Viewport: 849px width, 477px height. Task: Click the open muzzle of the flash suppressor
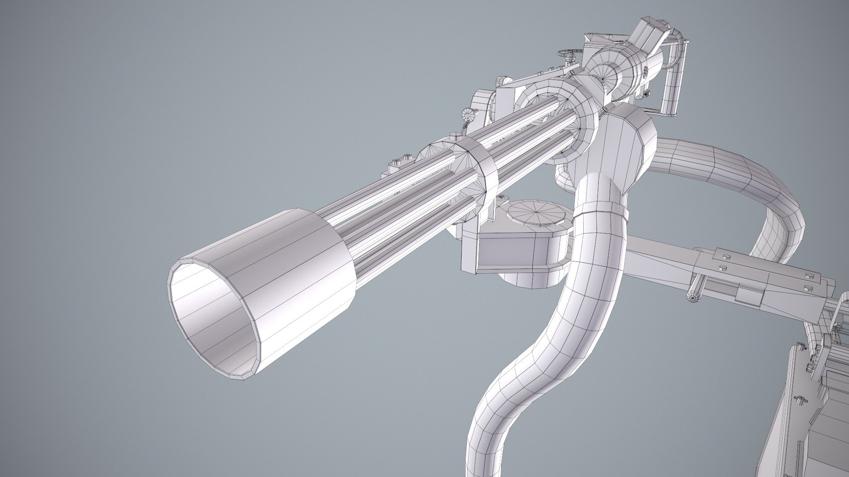tap(212, 309)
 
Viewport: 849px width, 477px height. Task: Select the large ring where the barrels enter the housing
tap(562, 119)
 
